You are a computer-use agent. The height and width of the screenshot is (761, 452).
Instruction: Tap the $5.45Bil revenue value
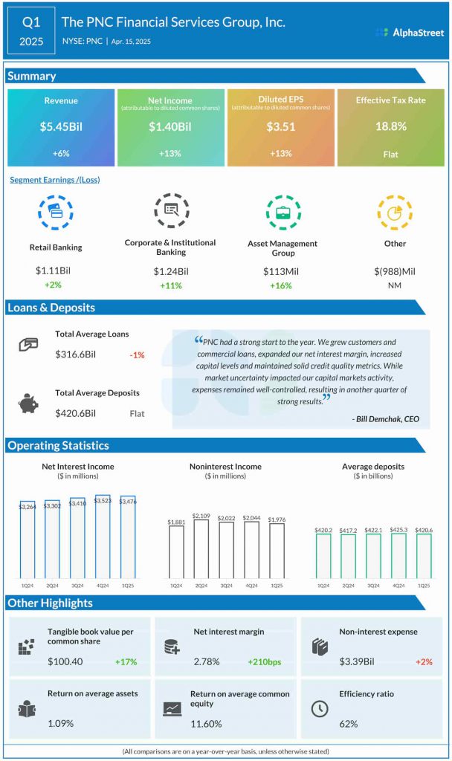[x=61, y=126]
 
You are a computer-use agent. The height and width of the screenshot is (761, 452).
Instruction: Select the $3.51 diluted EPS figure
[x=281, y=126]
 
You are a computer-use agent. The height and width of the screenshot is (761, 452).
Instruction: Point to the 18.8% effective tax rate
[x=390, y=126]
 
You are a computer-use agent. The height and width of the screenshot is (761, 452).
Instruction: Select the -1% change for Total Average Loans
[x=137, y=355]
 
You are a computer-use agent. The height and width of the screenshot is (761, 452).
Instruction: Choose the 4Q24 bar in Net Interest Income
[x=103, y=535]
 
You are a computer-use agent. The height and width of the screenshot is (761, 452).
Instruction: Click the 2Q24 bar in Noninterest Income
[x=201, y=548]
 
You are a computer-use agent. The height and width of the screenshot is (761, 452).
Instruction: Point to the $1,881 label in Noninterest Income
[x=176, y=522]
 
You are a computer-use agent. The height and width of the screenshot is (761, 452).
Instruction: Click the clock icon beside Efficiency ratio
[x=319, y=708]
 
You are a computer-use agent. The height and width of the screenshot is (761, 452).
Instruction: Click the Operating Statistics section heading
[x=58, y=446]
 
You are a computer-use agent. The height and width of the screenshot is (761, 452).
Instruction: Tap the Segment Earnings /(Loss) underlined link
[x=55, y=179]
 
